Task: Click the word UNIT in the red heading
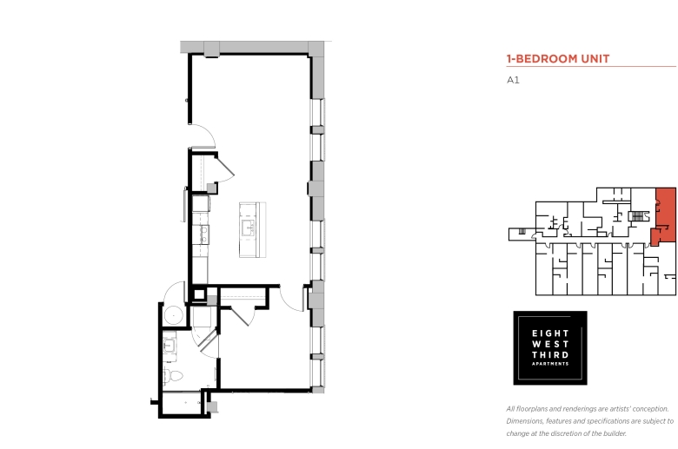pyautogui.click(x=595, y=59)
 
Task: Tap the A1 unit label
pyautogui.click(x=513, y=80)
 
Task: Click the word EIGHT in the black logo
pyautogui.click(x=550, y=333)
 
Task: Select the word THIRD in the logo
pyautogui.click(x=550, y=355)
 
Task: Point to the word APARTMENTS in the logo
pyautogui.click(x=550, y=364)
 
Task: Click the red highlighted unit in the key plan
pyautogui.click(x=665, y=215)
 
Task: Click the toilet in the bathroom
pyautogui.click(x=173, y=375)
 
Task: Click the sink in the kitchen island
pyautogui.click(x=248, y=228)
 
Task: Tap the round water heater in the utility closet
pyautogui.click(x=173, y=316)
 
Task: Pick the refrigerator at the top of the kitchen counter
pyautogui.click(x=201, y=203)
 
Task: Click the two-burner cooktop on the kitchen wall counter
pyautogui.click(x=203, y=234)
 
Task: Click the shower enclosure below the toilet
pyautogui.click(x=182, y=403)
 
